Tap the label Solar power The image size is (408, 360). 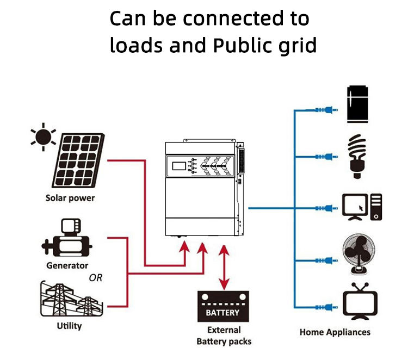[x=70, y=198]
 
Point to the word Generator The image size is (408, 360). [x=67, y=266]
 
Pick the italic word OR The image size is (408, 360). [x=96, y=278]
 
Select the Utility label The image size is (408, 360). [x=69, y=326]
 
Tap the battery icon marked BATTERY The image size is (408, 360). [x=222, y=307]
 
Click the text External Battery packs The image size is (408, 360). [x=224, y=336]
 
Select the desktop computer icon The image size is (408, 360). [x=361, y=207]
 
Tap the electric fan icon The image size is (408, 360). [x=358, y=255]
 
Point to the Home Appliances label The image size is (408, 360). [x=335, y=332]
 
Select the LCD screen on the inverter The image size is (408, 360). [x=178, y=165]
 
